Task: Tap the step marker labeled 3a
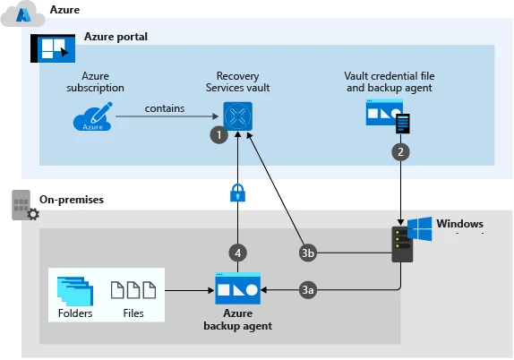[308, 289]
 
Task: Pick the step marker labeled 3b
[308, 253]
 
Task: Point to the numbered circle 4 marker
[237, 253]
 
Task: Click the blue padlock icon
[237, 193]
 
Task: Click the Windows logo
[419, 228]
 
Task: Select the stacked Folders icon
[74, 289]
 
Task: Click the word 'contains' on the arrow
[165, 108]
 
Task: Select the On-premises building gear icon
[22, 205]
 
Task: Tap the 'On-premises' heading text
[72, 198]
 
